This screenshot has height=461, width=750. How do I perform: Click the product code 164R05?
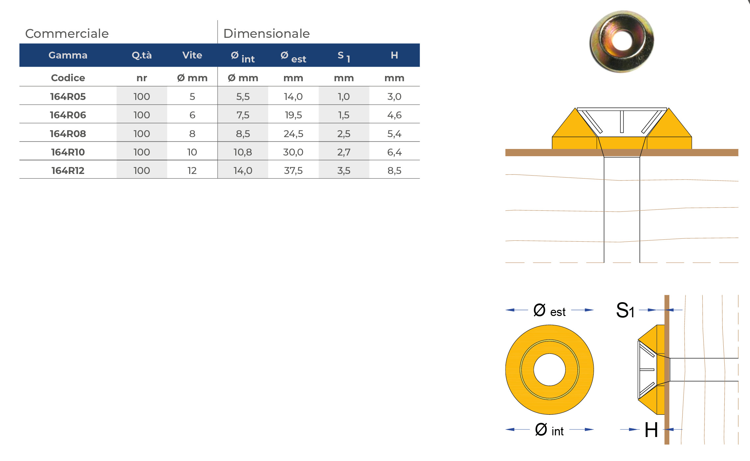click(x=68, y=96)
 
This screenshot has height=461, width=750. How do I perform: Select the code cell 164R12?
click(x=68, y=170)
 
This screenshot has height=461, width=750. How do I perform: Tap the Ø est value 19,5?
click(x=293, y=115)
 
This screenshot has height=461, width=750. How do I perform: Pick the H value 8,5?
click(x=394, y=170)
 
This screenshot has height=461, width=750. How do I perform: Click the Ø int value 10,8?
click(x=243, y=152)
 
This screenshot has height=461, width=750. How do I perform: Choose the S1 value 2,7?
click(x=344, y=152)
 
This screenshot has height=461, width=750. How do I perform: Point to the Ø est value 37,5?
click(x=293, y=170)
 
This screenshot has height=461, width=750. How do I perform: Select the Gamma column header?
click(x=68, y=55)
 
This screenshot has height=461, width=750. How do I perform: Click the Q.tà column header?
click(x=142, y=55)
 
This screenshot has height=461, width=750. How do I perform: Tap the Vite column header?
click(x=192, y=55)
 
